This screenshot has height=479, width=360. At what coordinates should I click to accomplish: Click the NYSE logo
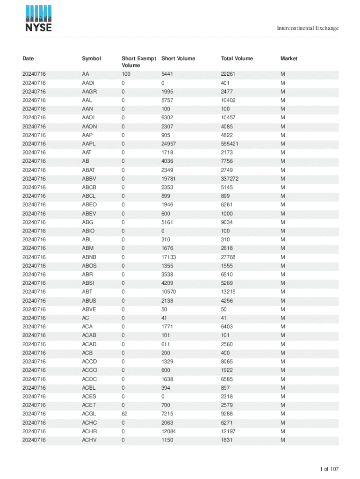tap(38, 19)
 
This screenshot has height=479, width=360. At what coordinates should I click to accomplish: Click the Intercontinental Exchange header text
tap(308, 29)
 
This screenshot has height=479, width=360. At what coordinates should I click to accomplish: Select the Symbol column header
tap(91, 58)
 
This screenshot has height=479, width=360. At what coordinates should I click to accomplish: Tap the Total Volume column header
tap(237, 58)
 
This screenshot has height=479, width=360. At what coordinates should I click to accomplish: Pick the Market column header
tap(288, 58)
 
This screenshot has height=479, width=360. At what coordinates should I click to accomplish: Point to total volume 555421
tap(230, 144)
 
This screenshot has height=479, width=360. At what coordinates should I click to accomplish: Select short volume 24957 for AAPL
tap(169, 144)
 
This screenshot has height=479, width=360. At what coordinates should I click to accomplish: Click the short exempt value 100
tap(126, 74)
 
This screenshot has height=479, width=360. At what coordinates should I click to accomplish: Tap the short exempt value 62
tap(124, 414)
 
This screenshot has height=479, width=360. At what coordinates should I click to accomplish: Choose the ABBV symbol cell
tap(88, 179)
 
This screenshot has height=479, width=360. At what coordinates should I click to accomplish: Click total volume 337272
tap(230, 179)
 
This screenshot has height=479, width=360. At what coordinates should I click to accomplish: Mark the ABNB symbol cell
tap(88, 257)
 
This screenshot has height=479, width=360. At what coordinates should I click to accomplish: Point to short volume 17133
tap(169, 257)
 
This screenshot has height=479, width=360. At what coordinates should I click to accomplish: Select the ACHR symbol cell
tap(88, 431)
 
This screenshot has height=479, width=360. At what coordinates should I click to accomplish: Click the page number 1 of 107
tap(329, 469)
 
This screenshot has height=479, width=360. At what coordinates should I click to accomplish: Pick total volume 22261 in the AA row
tap(229, 74)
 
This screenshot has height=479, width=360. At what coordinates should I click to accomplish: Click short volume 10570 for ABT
tap(169, 292)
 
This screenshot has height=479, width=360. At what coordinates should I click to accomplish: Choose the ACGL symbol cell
tap(88, 414)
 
